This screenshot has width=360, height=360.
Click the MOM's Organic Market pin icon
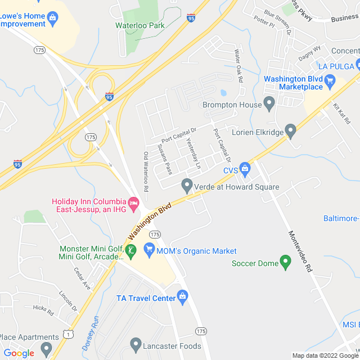tap(149, 248)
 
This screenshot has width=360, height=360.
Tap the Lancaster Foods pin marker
tap(135, 343)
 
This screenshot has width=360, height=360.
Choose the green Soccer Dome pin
tap(285, 261)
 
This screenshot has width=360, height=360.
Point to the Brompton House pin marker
tap(269, 103)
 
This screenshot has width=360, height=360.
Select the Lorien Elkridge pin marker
tap(291, 132)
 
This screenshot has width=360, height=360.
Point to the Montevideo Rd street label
tap(300, 251)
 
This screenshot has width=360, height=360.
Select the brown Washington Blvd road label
tap(150, 221)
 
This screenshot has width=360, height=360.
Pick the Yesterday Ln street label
tap(193, 154)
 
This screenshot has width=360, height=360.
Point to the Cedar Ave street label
tap(82, 278)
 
